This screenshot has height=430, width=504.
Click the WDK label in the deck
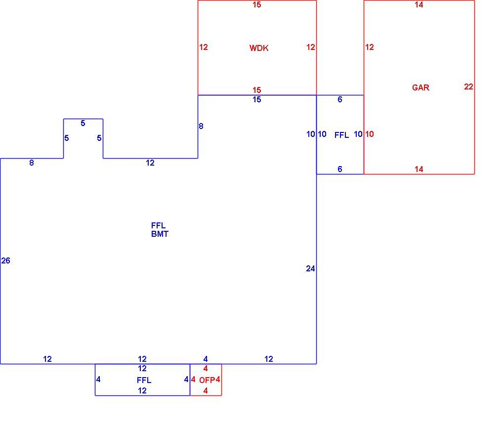click(259, 48)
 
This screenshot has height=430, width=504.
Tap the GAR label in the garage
click(420, 87)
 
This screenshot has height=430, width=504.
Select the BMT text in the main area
click(160, 234)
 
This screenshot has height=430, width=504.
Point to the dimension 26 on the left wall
click(5, 260)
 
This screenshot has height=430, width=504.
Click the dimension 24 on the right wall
click(310, 268)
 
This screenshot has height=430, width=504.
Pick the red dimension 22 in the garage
click(468, 86)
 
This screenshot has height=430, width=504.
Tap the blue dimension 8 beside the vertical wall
click(201, 126)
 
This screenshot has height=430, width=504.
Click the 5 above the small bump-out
click(83, 123)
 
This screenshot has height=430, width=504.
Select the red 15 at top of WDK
click(256, 4)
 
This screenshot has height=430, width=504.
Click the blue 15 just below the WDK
click(256, 100)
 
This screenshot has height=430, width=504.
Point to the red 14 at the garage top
click(419, 4)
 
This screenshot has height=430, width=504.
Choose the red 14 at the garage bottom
click(419, 169)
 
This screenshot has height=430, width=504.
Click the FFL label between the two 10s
click(341, 135)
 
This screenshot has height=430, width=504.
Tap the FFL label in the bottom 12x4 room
click(144, 380)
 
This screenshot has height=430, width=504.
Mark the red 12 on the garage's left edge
click(369, 47)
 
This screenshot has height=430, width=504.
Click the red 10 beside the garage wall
click(369, 134)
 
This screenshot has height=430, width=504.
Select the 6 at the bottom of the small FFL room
click(340, 169)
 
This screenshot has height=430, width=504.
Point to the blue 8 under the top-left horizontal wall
click(32, 163)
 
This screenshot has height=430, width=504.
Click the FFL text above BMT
click(158, 225)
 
